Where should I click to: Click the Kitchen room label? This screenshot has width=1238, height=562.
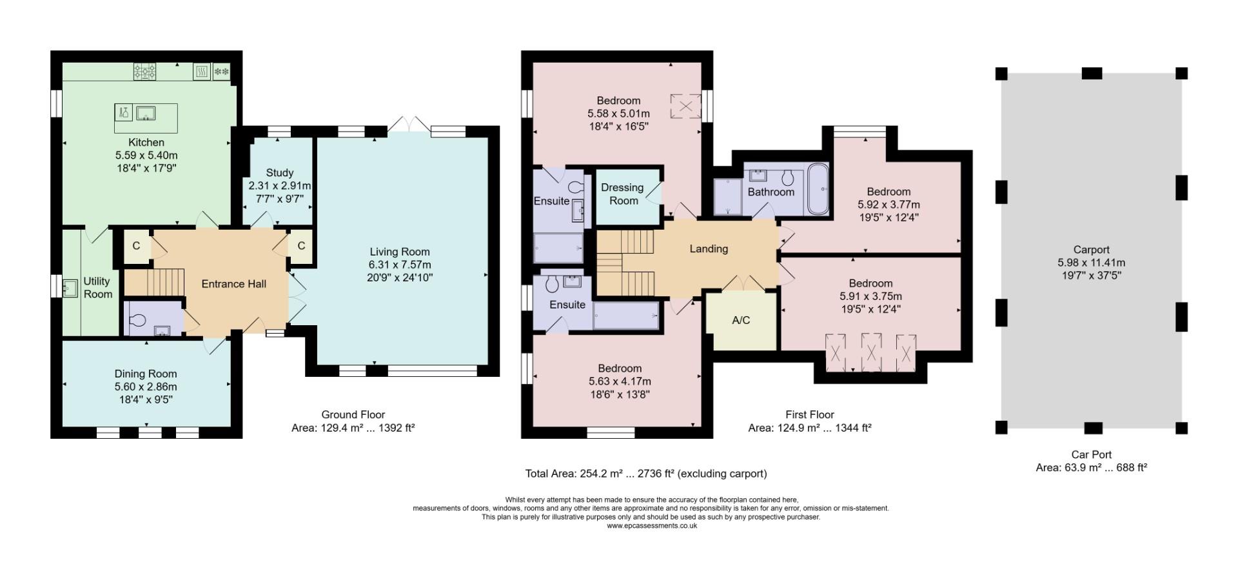point(146,142)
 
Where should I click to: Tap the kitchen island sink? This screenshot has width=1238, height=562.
point(146,113)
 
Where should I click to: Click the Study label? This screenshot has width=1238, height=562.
point(280,173)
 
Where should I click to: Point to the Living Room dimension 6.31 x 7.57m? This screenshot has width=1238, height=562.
point(400,265)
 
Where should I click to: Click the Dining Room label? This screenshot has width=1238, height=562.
point(146,374)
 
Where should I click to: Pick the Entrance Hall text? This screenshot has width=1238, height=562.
point(234,284)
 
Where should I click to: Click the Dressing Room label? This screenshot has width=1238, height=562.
point(622,194)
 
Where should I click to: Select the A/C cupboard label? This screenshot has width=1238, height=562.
point(742,320)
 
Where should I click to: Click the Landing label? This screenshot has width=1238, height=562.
point(709,248)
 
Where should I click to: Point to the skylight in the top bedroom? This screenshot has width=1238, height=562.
point(685,106)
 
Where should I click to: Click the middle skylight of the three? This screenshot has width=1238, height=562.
point(872,352)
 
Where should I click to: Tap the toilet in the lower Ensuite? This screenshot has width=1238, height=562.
point(552,284)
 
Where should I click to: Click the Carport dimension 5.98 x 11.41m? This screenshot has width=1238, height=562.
point(1092,263)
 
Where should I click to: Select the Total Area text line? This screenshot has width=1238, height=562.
point(646,474)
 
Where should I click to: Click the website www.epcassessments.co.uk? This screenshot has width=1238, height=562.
point(652,526)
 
